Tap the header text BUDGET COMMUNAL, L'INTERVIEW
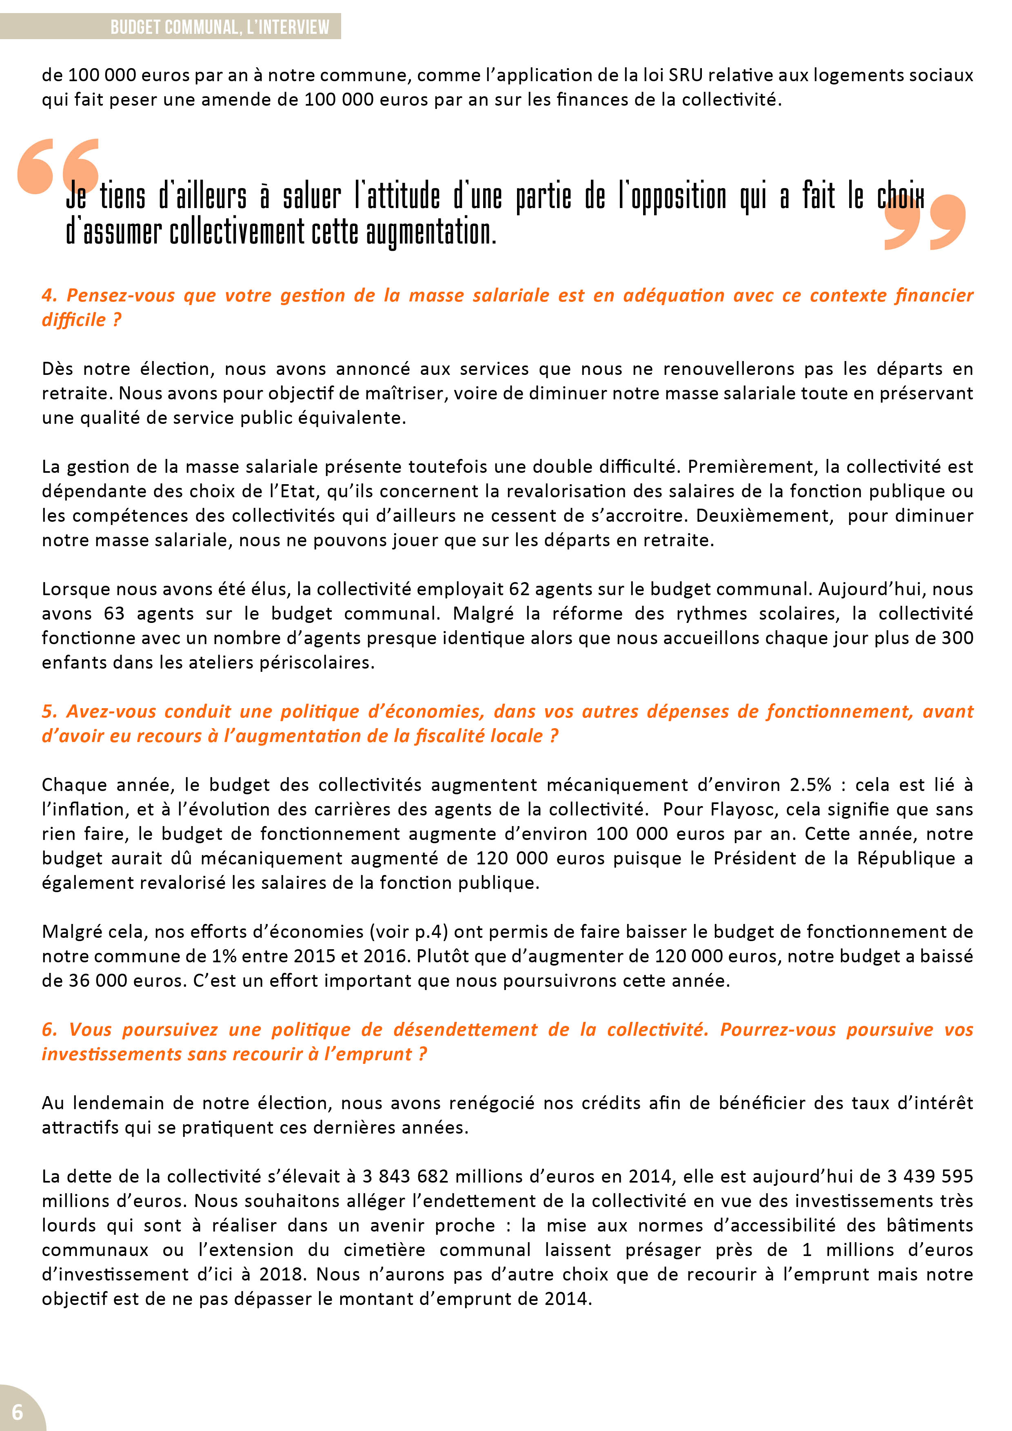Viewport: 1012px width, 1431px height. (x=220, y=27)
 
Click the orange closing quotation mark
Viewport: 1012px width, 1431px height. (x=925, y=222)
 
